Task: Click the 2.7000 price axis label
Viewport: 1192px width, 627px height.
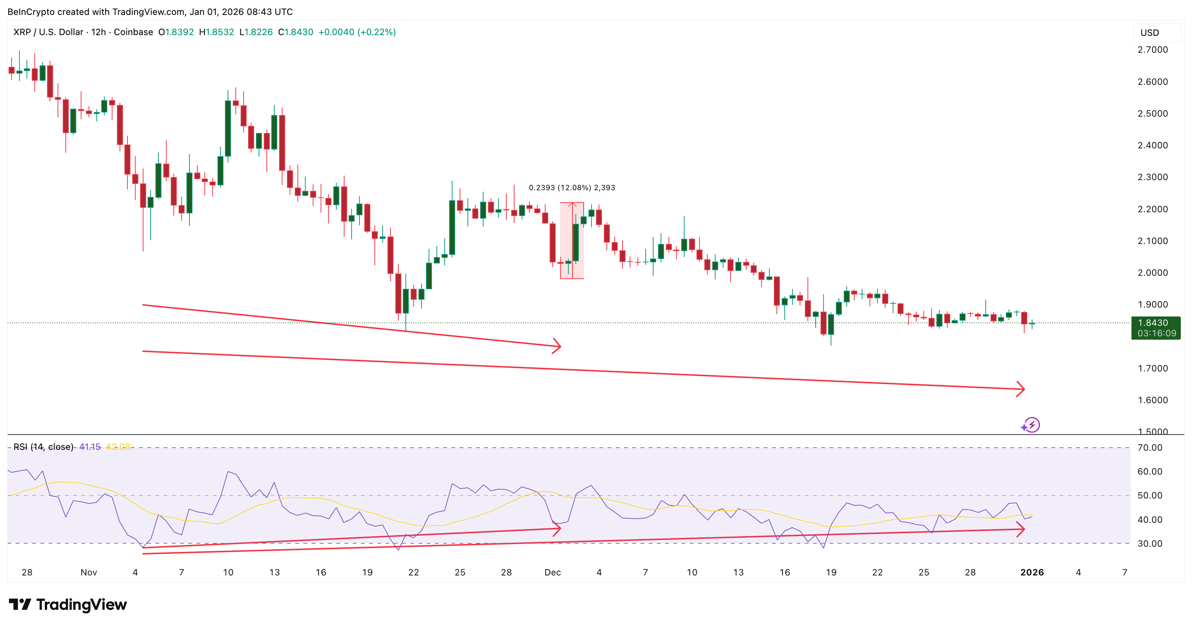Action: tap(1152, 50)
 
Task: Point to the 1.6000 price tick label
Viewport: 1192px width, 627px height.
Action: tap(1152, 400)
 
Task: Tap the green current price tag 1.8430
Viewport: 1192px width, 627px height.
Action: tap(1155, 323)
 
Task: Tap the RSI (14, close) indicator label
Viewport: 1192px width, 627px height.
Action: tap(43, 447)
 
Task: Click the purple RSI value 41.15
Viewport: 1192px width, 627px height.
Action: tap(90, 447)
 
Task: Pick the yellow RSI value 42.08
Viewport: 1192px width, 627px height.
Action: tap(118, 447)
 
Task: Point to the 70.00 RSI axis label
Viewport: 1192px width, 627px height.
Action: tap(1150, 448)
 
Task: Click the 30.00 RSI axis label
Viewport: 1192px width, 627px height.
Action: tap(1150, 544)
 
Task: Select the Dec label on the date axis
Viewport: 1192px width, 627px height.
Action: tap(553, 572)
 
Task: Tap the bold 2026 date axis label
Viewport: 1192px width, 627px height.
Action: tap(1032, 572)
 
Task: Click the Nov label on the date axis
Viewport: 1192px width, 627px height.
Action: tap(89, 572)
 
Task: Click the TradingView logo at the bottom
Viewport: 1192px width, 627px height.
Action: tap(68, 604)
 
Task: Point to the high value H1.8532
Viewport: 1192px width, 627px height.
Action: tap(216, 32)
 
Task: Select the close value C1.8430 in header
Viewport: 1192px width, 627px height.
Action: tap(295, 32)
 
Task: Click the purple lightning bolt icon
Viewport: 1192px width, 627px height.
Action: tap(1031, 425)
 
